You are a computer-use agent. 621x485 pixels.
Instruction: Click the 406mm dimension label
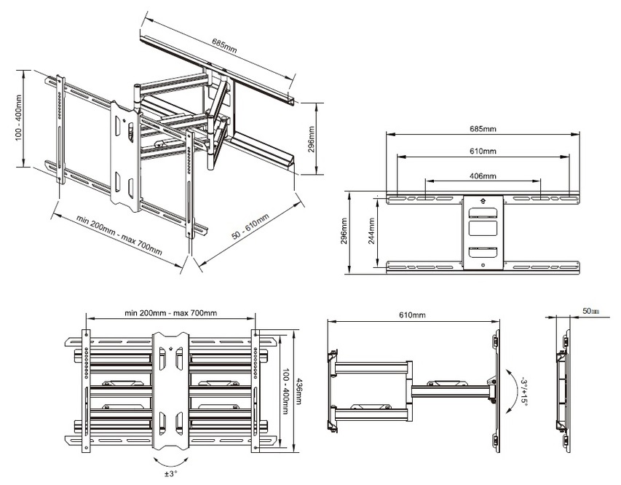(483, 176)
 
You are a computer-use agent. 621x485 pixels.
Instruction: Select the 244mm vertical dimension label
(372, 231)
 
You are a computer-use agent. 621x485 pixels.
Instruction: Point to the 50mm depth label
(590, 311)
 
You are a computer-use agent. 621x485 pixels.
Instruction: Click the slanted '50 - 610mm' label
(250, 226)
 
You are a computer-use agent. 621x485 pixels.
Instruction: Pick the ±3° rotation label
(170, 473)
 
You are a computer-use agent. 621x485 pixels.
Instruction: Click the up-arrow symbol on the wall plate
(483, 201)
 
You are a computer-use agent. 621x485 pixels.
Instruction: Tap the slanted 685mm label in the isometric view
(224, 46)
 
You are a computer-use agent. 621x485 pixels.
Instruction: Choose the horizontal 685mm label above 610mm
(483, 128)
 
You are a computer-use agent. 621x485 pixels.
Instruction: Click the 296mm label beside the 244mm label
(344, 232)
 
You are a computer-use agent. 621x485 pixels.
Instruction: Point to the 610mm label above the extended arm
(412, 315)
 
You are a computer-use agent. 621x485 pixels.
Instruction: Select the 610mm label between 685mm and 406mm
(483, 151)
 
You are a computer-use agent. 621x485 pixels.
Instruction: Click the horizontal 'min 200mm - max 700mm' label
(170, 312)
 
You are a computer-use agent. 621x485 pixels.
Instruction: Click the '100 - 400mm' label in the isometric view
(19, 119)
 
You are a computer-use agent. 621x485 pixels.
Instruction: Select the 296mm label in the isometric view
(311, 139)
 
